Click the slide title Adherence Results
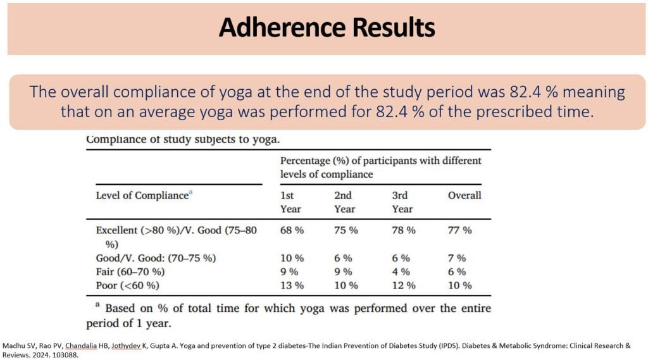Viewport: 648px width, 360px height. pos(327,28)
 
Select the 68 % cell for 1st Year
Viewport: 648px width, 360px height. pos(292,230)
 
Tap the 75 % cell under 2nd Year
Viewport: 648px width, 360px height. pos(346,230)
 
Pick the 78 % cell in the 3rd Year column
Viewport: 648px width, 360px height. pos(404,230)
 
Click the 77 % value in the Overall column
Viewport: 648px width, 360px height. pos(460,230)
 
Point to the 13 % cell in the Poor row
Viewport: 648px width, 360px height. pos(292,285)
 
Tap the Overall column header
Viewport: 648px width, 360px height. pos(464,196)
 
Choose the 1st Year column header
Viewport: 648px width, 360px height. pos(290,202)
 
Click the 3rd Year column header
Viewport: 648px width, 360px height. pos(402,202)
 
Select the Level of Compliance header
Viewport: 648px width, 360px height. pos(142,196)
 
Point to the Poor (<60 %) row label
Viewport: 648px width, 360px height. pos(127,285)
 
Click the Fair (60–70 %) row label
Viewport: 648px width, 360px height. pos(130,271)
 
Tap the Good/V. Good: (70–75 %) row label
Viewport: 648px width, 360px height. pos(156,258)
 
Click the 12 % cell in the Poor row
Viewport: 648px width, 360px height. pos(404,285)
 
